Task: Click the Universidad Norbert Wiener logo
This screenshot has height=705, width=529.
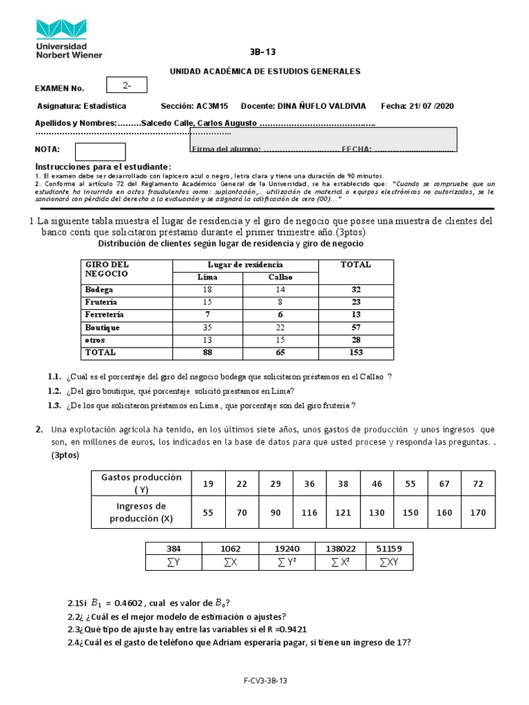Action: click(x=68, y=38)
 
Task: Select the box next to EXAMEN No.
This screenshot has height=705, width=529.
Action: click(x=132, y=86)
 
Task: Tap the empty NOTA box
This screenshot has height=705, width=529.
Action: click(x=100, y=151)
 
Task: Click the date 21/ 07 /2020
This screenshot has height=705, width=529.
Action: click(x=431, y=106)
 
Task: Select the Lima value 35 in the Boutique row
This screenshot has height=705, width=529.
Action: click(x=208, y=328)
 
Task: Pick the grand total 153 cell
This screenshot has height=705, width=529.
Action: click(x=355, y=352)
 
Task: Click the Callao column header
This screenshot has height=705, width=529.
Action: click(x=280, y=277)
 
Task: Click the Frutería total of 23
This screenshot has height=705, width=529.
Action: click(x=355, y=302)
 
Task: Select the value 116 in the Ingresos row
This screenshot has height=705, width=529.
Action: click(x=309, y=513)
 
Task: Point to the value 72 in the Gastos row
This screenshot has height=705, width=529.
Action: click(x=478, y=484)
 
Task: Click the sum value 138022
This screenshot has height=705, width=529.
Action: click(x=342, y=549)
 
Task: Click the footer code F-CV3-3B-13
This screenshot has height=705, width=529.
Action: click(x=264, y=680)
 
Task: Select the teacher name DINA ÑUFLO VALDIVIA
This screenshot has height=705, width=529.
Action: click(x=322, y=106)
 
